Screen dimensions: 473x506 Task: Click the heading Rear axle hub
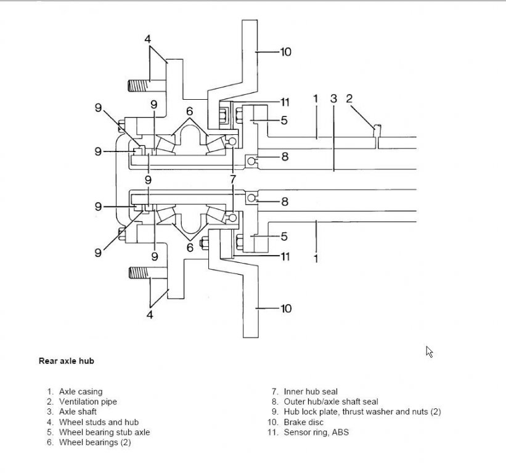(66, 361)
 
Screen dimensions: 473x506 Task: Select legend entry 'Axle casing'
(81, 391)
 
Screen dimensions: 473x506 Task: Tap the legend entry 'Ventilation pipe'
(88, 402)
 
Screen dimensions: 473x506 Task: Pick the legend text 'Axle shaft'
(78, 411)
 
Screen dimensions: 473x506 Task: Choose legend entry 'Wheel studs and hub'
(99, 422)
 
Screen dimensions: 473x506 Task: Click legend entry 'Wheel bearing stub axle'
(104, 432)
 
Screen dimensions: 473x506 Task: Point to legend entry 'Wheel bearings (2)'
(95, 442)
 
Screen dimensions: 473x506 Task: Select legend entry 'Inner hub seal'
(311, 391)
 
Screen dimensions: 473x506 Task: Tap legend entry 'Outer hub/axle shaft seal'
(331, 402)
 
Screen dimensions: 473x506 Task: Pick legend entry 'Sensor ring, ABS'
(316, 432)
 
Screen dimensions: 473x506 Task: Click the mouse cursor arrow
(429, 351)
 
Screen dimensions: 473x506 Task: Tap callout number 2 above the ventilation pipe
(349, 98)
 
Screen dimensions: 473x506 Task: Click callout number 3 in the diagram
(333, 98)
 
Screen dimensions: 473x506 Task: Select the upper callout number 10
(285, 52)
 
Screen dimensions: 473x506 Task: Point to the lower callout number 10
(285, 308)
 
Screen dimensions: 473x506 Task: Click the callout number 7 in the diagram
(232, 179)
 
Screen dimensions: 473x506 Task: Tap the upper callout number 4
(148, 39)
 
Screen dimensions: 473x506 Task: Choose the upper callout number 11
(284, 102)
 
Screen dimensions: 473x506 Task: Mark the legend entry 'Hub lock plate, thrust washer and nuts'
(362, 411)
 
